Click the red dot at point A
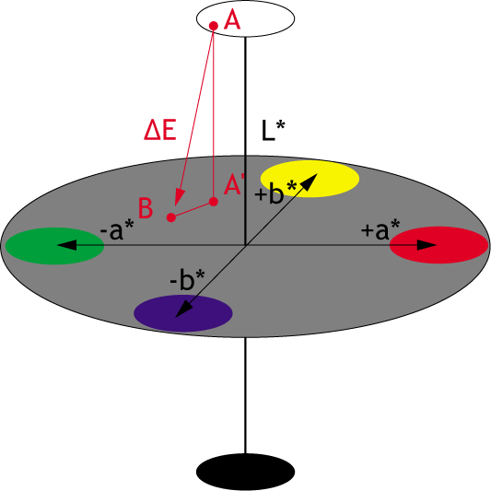pyautogui.click(x=214, y=26)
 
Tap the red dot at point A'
pyautogui.click(x=214, y=202)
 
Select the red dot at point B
pyautogui.click(x=171, y=217)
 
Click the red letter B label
pyautogui.click(x=146, y=208)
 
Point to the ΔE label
pyautogui.click(x=160, y=130)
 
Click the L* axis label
pyautogui.click(x=273, y=131)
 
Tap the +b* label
pyautogui.click(x=275, y=192)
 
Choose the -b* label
pyautogui.click(x=187, y=279)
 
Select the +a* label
pyautogui.click(x=380, y=229)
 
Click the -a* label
pyautogui.click(x=117, y=230)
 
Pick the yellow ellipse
pyautogui.click(x=310, y=179)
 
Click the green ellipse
pyautogui.click(x=54, y=246)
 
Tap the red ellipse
pyautogui.click(x=438, y=245)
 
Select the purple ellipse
pyautogui.click(x=183, y=313)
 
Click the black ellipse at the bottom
pyautogui.click(x=245, y=472)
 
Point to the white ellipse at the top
pyautogui.click(x=245, y=18)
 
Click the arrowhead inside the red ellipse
pyautogui.click(x=427, y=245)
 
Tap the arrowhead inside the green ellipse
pyautogui.click(x=66, y=245)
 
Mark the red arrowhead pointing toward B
pyautogui.click(x=179, y=197)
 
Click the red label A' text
pyautogui.click(x=234, y=185)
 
